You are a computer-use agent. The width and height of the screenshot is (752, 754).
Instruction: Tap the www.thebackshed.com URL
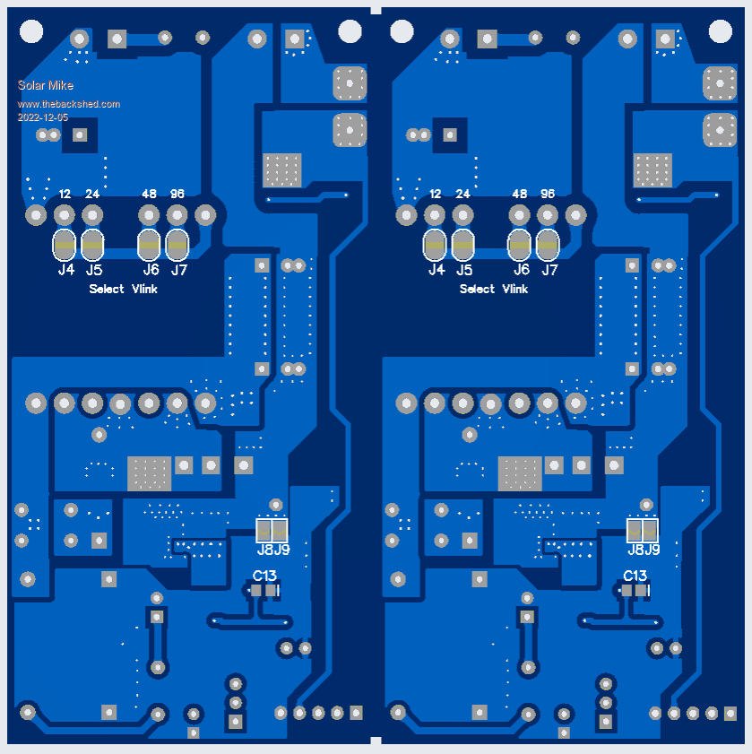click(69, 104)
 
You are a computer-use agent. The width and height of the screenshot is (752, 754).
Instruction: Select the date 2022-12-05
click(42, 117)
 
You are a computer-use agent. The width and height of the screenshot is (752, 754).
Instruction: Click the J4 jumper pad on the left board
click(65, 244)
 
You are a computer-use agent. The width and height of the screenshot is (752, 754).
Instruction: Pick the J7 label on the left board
click(179, 270)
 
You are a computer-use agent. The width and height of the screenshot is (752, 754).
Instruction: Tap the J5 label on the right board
click(463, 270)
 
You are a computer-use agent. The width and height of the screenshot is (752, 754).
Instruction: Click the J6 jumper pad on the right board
click(520, 244)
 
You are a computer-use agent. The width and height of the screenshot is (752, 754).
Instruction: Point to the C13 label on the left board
click(264, 575)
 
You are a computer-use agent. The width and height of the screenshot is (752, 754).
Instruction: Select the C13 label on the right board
click(635, 575)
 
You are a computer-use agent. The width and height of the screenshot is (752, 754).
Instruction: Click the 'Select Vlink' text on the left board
click(124, 289)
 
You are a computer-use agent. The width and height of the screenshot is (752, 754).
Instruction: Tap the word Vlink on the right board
click(514, 289)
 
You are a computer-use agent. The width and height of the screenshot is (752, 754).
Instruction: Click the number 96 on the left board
click(177, 194)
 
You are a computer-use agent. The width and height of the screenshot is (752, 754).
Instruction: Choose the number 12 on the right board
click(436, 194)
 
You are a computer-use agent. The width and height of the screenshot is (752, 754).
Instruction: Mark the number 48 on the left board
click(149, 194)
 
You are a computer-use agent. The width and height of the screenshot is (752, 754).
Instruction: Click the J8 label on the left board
click(264, 550)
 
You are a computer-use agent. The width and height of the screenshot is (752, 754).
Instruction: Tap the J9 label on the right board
click(652, 550)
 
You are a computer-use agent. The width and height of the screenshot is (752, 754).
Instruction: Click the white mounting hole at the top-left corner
click(31, 31)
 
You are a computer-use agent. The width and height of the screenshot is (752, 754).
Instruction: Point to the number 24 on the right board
click(462, 194)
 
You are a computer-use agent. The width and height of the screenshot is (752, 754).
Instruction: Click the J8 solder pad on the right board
click(635, 531)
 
